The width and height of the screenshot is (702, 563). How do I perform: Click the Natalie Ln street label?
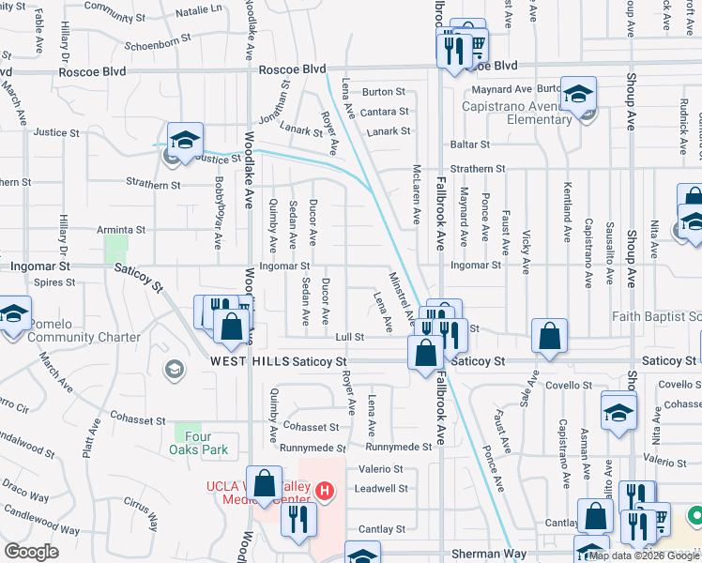pos(198,10)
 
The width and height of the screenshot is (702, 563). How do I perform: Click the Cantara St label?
pos(384,112)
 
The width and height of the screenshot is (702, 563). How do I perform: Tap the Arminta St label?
pos(121,229)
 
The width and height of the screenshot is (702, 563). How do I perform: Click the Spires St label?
pos(53,281)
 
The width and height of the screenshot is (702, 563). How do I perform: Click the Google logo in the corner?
pos(31,552)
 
